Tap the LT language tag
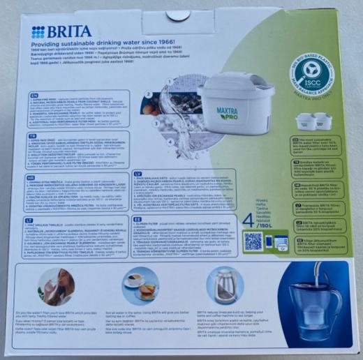coord(34,219)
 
